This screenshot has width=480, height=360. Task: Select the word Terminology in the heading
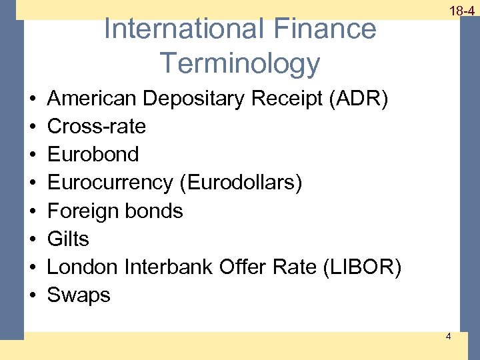[240, 63]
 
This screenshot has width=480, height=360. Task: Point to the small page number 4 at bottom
[448, 336]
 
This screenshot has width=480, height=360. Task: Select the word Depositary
[193, 99]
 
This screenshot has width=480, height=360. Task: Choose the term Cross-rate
[97, 126]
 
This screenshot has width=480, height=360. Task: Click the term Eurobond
[93, 154]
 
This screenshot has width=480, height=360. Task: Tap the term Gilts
[68, 239]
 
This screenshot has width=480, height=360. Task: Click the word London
[82, 267]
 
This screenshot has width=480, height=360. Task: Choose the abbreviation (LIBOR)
[361, 267]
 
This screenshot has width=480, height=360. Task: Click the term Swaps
[79, 295]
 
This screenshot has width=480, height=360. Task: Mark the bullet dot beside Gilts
[33, 239]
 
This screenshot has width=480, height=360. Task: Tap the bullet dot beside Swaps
[33, 295]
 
